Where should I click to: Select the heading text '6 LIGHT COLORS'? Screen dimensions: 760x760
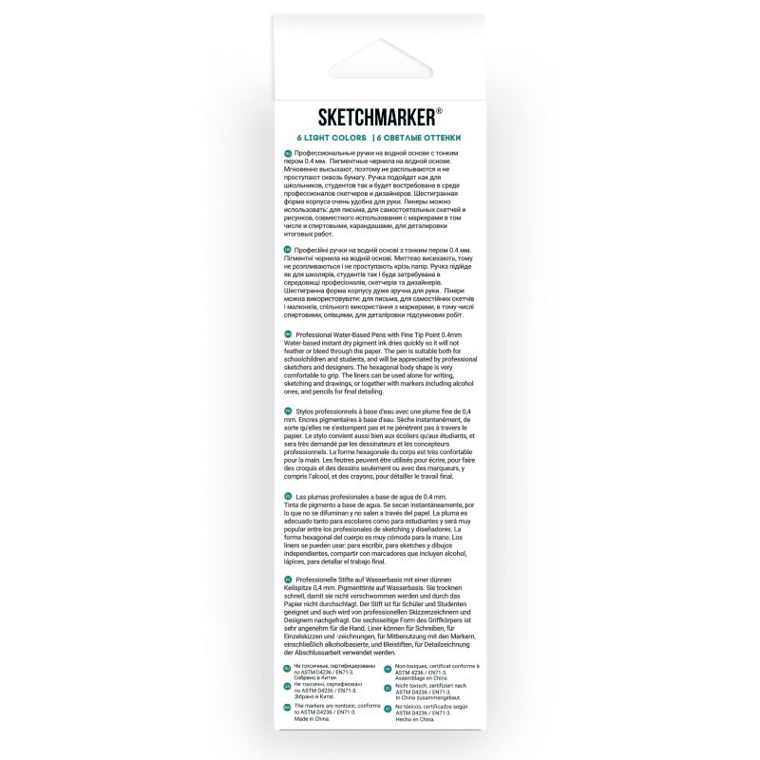point(328,138)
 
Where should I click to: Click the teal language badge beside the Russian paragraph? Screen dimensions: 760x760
point(287,153)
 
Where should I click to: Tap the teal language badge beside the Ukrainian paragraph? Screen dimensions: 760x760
point(287,248)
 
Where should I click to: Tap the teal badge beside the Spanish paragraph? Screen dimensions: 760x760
point(287,497)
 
